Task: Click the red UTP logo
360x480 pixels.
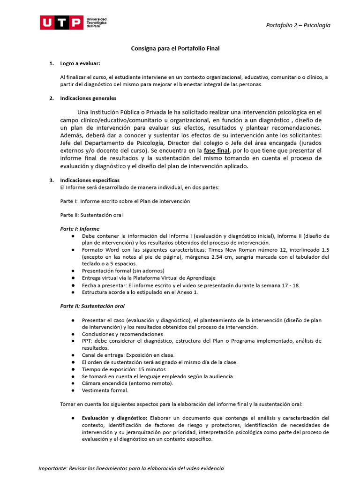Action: click(x=61, y=22)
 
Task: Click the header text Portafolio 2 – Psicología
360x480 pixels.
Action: click(x=298, y=25)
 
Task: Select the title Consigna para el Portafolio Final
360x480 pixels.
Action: click(x=175, y=48)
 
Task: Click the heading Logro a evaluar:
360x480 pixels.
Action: click(x=80, y=63)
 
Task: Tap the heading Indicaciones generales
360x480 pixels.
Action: click(x=88, y=98)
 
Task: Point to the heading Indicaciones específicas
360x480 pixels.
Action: click(x=90, y=180)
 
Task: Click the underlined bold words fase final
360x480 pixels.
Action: click(x=217, y=150)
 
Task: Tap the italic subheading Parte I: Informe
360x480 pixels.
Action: click(x=80, y=229)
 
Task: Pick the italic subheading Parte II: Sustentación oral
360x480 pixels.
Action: click(x=92, y=306)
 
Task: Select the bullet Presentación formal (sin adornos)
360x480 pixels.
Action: click(x=123, y=271)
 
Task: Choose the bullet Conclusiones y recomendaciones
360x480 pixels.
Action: click(x=122, y=334)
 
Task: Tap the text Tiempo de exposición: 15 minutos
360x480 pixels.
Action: click(x=124, y=369)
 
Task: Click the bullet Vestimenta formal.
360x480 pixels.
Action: click(x=105, y=390)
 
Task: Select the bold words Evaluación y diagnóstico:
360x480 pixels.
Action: click(x=114, y=418)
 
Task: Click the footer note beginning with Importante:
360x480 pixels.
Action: click(x=131, y=468)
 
